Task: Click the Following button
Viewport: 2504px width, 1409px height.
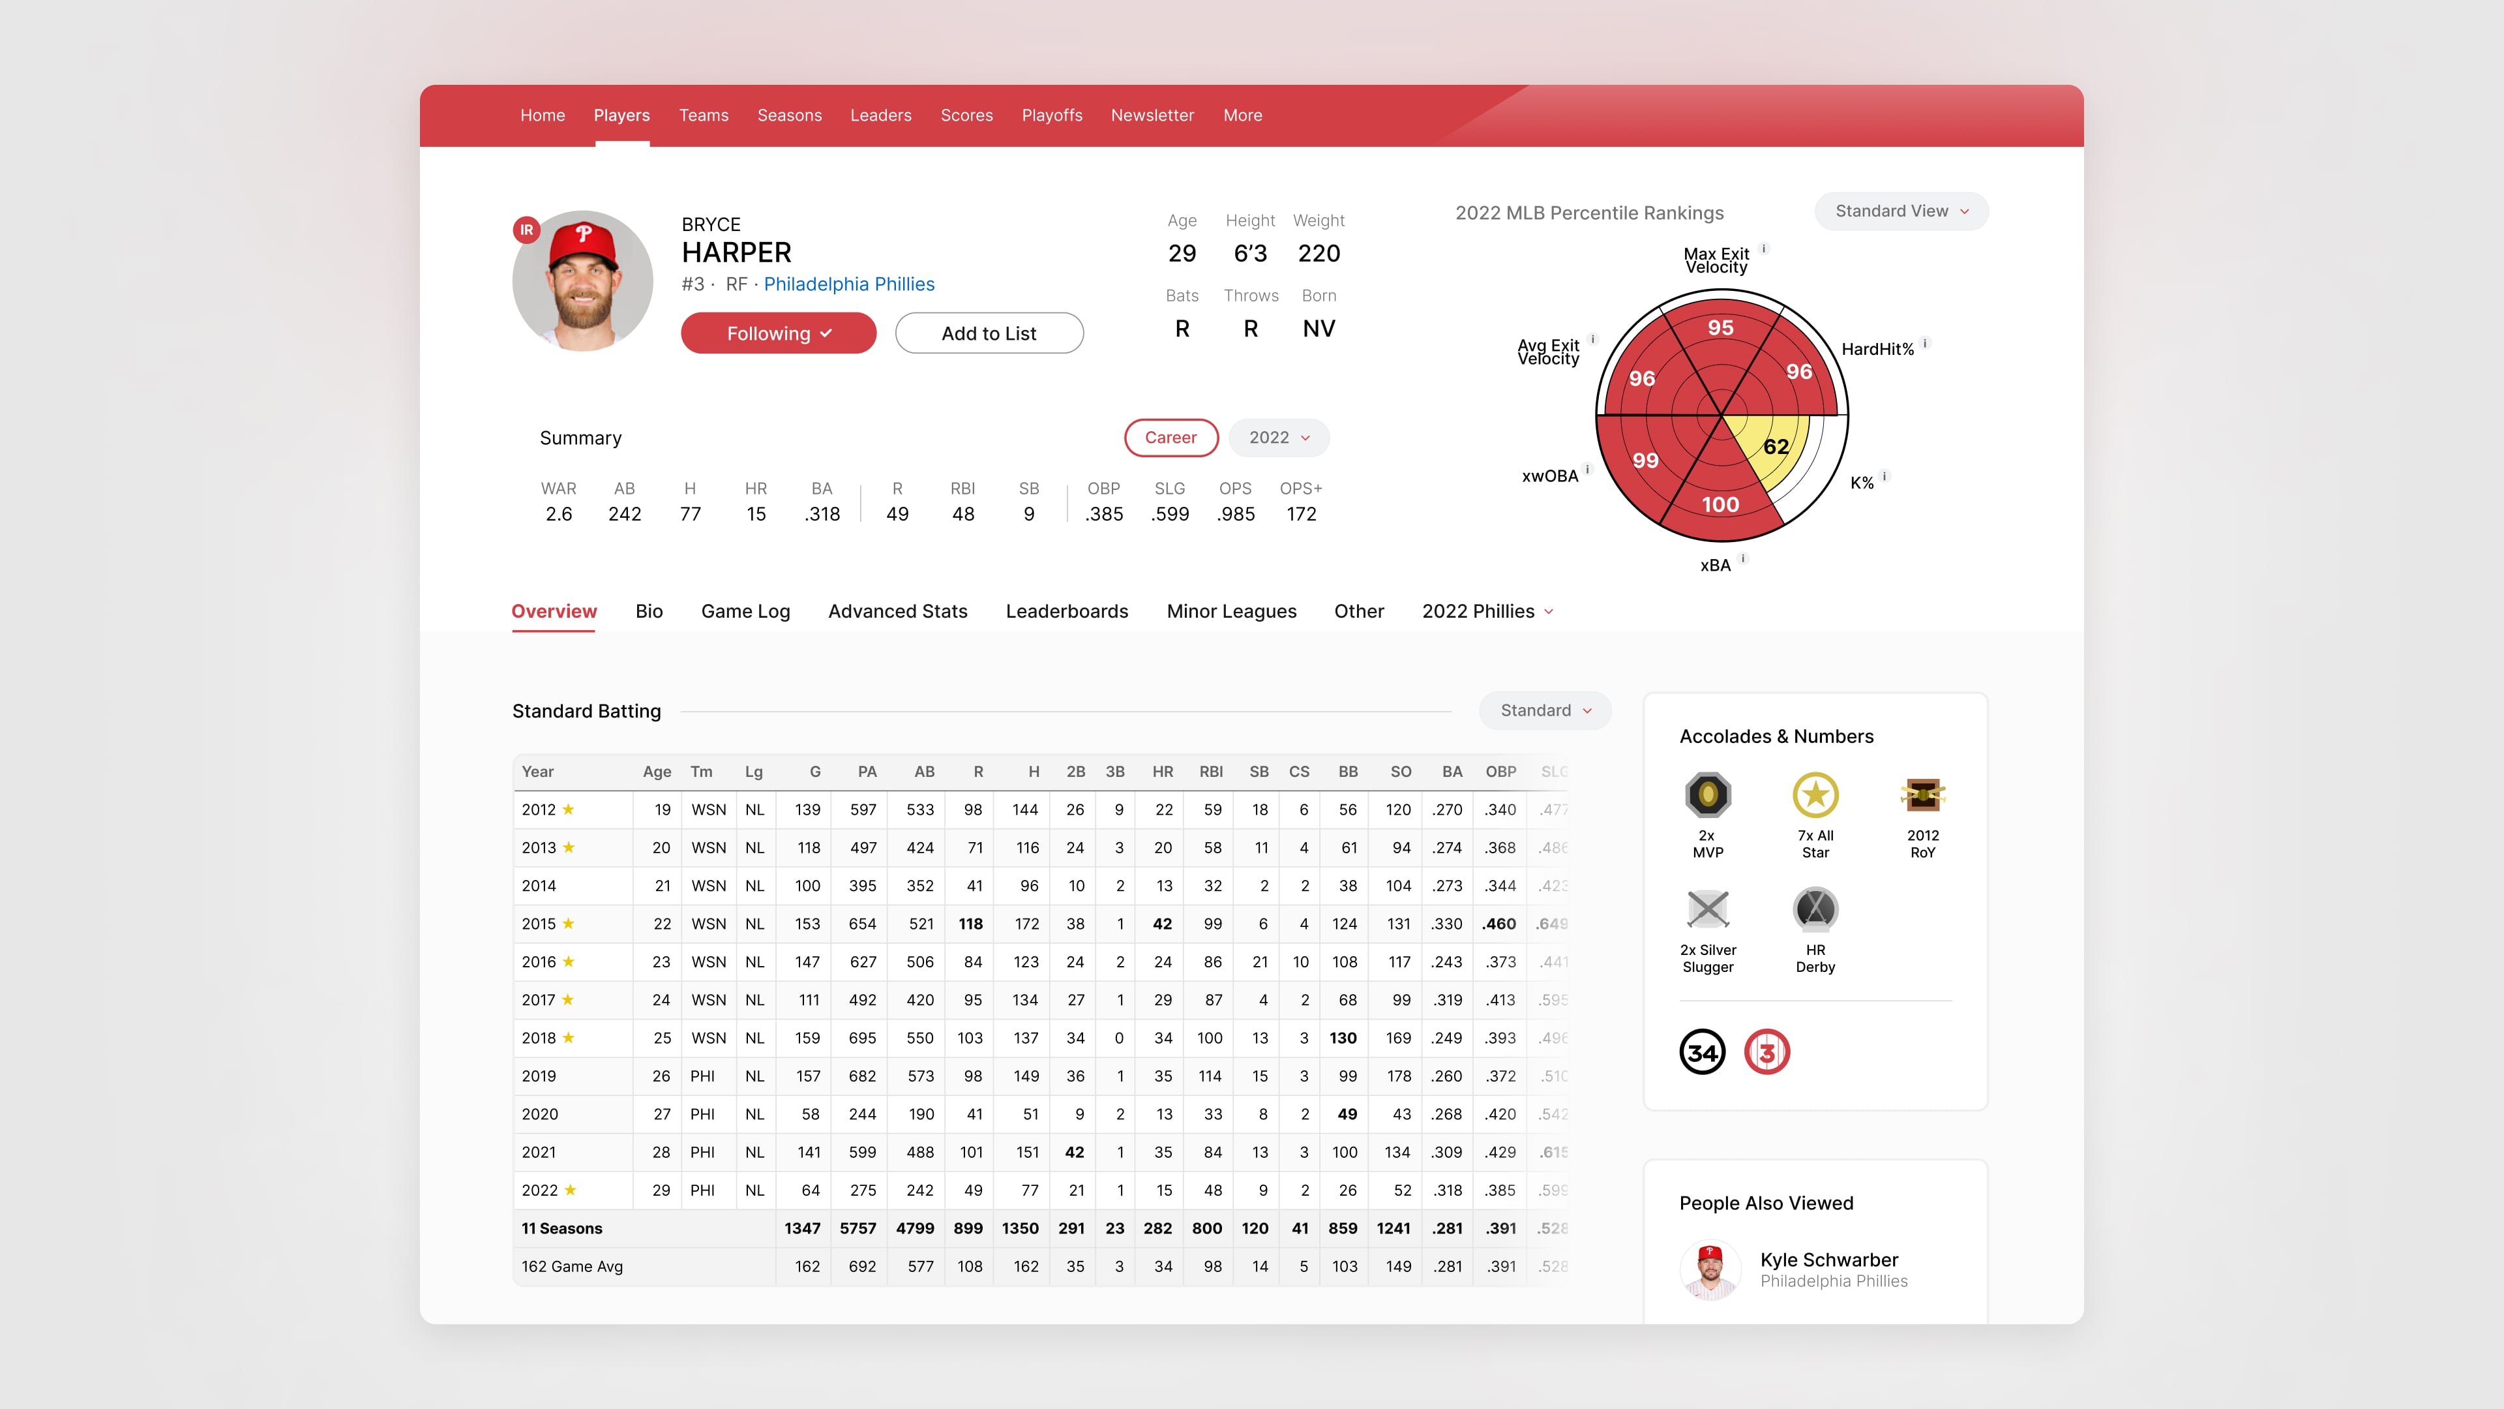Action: click(x=778, y=333)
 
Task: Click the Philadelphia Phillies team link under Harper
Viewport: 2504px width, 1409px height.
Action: click(x=848, y=284)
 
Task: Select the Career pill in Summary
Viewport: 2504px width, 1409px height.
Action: click(x=1170, y=438)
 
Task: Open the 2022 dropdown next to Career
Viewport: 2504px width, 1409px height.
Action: click(x=1278, y=438)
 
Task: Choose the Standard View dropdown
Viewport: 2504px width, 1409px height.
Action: click(x=1900, y=211)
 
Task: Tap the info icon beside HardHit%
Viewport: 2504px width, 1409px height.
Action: click(x=1925, y=343)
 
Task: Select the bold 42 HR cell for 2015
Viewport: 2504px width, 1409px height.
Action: click(x=1161, y=924)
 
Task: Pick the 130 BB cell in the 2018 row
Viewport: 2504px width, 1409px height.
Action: click(x=1343, y=1038)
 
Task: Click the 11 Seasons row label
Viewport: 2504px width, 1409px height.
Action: click(x=562, y=1229)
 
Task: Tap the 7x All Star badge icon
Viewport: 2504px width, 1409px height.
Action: click(x=1815, y=795)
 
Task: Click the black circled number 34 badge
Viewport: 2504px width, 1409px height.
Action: click(x=1702, y=1052)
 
